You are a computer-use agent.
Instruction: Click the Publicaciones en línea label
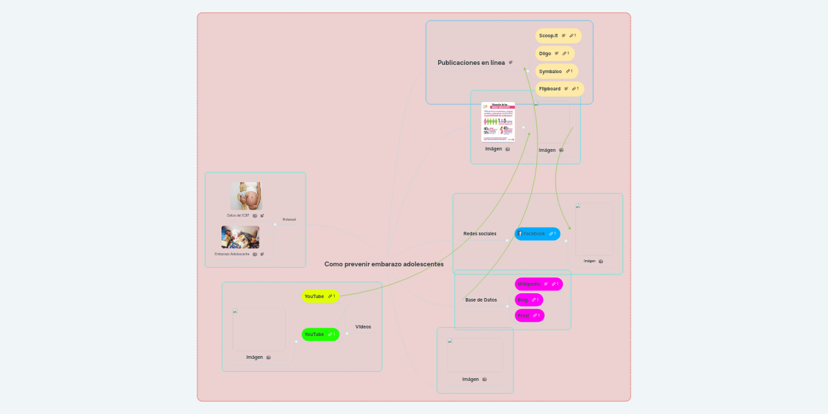(471, 63)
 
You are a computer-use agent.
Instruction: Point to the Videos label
(363, 327)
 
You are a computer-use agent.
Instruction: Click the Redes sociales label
(480, 234)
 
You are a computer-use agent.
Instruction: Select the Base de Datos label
(481, 300)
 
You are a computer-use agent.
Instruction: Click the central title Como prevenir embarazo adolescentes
(384, 264)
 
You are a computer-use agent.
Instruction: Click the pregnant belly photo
(246, 196)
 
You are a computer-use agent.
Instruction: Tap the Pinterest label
(289, 219)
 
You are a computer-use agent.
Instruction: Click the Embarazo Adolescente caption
(232, 254)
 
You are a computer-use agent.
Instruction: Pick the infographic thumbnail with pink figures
(498, 122)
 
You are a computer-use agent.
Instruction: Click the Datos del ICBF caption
(238, 215)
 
